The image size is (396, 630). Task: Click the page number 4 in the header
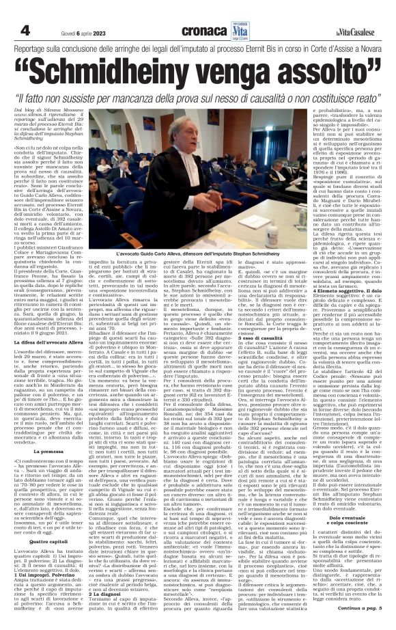coord(25,13)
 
